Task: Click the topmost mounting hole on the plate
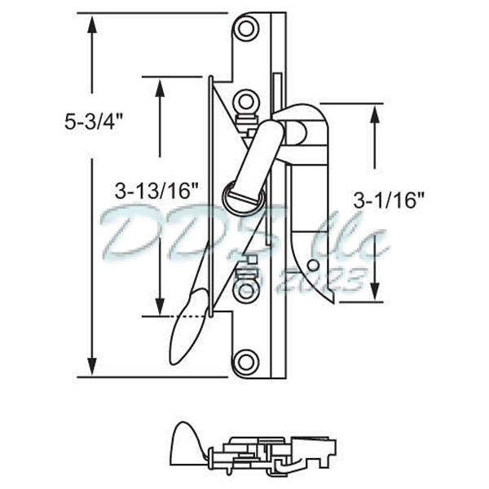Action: [x=245, y=29]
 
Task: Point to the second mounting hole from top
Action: [x=245, y=102]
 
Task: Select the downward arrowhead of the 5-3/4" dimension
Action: [x=92, y=367]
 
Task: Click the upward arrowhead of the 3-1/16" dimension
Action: [x=375, y=113]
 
